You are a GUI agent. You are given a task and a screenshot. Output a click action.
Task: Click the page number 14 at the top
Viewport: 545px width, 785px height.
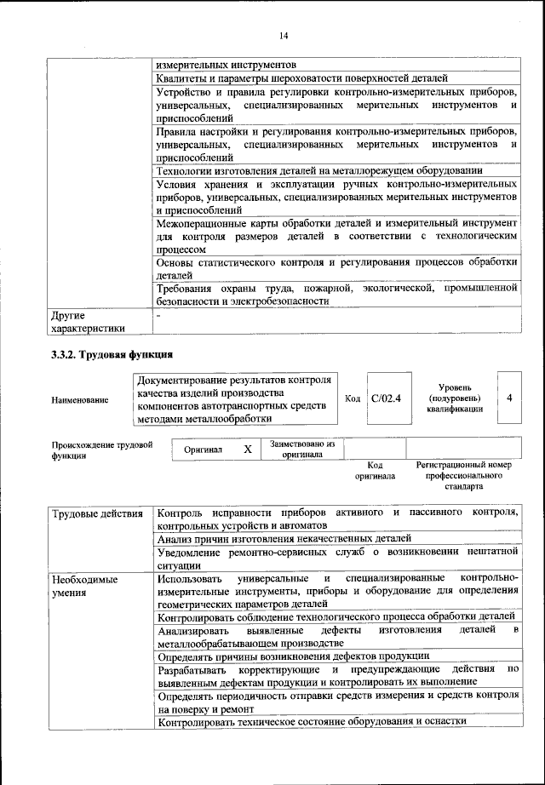click(284, 35)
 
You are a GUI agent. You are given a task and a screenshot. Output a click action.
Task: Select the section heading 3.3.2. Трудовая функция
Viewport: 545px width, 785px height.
click(112, 354)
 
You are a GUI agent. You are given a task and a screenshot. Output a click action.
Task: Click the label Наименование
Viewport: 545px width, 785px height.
click(80, 399)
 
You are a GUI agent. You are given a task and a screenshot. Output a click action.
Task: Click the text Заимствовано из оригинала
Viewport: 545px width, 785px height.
click(302, 449)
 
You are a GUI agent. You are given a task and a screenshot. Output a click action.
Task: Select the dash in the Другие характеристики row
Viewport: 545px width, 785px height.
click(159, 316)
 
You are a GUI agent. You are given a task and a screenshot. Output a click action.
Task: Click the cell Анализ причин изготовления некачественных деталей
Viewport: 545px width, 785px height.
click(284, 538)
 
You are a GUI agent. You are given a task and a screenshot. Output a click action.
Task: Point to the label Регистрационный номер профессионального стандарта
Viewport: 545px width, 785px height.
click(464, 476)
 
